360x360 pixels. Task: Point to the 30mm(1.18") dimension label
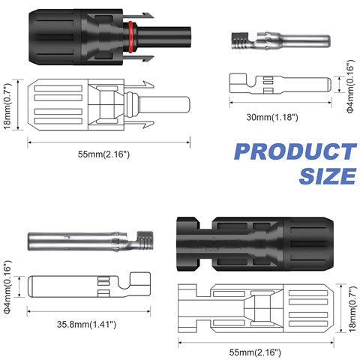(273, 116)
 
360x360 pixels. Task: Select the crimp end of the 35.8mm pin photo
(142, 244)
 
